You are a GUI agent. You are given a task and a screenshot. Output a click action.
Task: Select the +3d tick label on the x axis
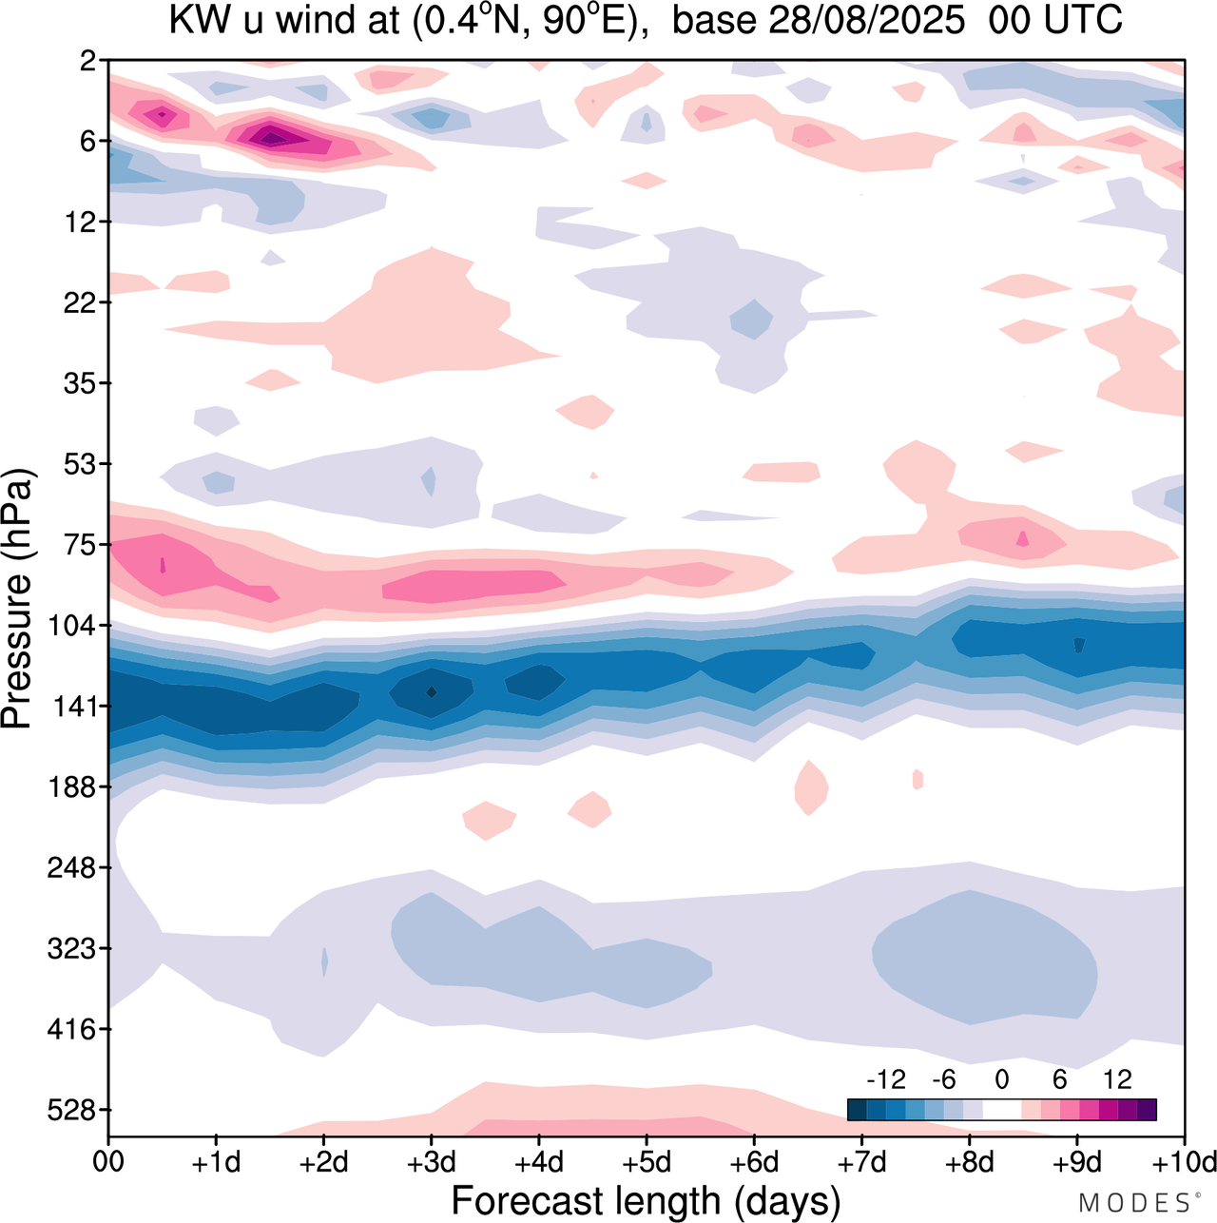tap(431, 1162)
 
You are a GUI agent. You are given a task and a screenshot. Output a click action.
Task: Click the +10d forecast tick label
tap(1183, 1162)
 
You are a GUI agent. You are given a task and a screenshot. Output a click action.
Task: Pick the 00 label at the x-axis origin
tap(108, 1162)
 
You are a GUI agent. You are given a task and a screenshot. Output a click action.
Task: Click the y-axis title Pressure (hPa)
tap(17, 599)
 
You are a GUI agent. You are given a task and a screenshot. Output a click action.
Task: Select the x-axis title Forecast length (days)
tap(646, 1200)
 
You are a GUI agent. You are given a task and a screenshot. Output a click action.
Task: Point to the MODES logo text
tap(1137, 1203)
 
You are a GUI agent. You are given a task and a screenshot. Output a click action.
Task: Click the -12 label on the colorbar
tap(886, 1079)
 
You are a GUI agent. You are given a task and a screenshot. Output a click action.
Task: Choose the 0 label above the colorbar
tap(1001, 1079)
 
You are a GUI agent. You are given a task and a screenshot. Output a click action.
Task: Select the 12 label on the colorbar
tap(1117, 1079)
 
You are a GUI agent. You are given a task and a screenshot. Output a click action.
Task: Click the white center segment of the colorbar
tap(1001, 1109)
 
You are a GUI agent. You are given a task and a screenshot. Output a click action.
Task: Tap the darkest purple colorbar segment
tap(1147, 1109)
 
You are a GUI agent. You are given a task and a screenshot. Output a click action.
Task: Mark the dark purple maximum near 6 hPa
tap(272, 138)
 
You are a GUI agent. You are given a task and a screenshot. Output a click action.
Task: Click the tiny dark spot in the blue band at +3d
tap(432, 691)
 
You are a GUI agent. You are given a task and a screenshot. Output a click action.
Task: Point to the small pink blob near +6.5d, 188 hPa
tap(811, 787)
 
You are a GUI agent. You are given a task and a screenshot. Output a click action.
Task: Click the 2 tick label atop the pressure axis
tap(88, 61)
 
